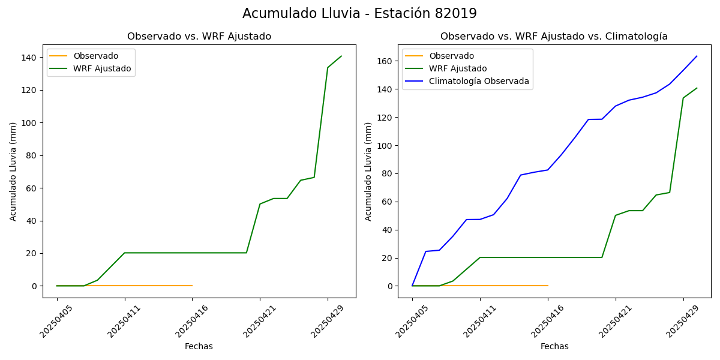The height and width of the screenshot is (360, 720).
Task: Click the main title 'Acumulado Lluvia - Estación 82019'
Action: pos(359,14)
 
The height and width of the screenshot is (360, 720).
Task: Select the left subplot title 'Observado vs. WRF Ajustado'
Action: pos(199,37)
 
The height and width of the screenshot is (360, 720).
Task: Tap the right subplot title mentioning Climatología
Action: pos(554,37)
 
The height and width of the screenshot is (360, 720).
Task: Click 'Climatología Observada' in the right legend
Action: pos(479,82)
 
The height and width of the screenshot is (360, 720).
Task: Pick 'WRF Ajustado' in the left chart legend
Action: pos(102,69)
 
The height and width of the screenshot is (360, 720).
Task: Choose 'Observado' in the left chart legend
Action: pos(96,56)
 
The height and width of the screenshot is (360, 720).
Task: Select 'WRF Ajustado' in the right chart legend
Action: pos(458,69)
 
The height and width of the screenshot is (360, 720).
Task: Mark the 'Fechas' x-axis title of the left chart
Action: pos(199,346)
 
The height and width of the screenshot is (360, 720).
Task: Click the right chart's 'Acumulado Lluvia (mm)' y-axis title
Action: pos(368,172)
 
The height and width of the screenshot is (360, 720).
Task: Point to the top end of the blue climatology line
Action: pos(697,56)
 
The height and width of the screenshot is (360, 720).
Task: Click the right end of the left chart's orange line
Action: pos(192,286)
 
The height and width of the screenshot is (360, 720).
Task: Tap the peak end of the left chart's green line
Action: pos(341,56)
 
